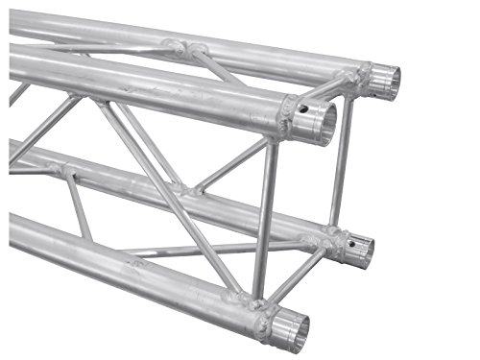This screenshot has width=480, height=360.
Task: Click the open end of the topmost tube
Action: [x=385, y=82]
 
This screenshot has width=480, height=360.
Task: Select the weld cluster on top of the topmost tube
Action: [x=182, y=47]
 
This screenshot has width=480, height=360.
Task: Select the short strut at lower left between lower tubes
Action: [x=79, y=205]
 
